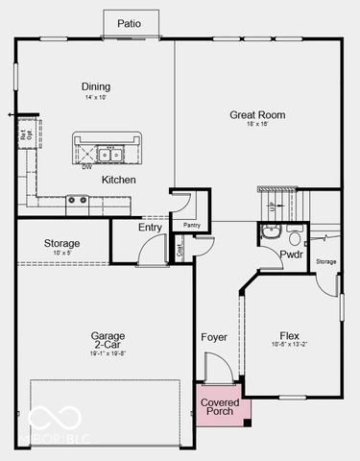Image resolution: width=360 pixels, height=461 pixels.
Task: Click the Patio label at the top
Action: click(x=128, y=23)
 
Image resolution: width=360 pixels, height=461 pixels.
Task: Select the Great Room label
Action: click(x=258, y=115)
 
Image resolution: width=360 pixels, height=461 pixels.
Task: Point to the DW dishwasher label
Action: click(x=87, y=167)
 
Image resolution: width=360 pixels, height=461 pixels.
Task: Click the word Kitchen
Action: click(x=119, y=180)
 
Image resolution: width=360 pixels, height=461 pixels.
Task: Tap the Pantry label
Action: click(x=190, y=225)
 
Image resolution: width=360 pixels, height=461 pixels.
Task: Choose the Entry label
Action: click(x=150, y=228)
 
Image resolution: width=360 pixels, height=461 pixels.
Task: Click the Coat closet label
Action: click(x=180, y=250)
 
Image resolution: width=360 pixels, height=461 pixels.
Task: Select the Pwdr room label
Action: click(x=291, y=255)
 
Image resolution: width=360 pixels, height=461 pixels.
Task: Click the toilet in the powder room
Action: click(x=296, y=234)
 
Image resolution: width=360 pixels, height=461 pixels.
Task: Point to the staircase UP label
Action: click(x=273, y=206)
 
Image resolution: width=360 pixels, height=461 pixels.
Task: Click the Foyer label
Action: click(x=213, y=337)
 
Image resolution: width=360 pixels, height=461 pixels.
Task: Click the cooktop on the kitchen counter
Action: click(x=77, y=200)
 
